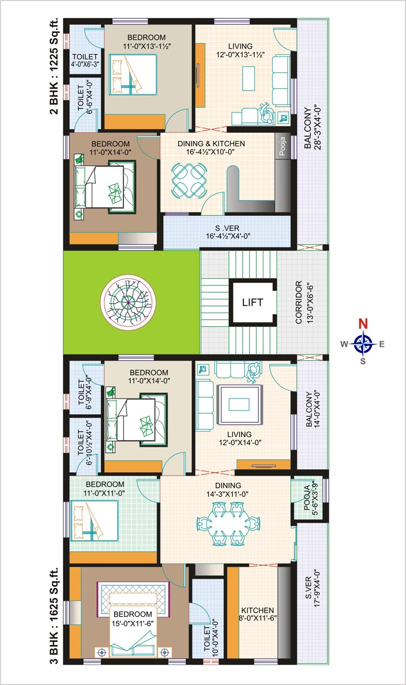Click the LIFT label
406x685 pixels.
point(252,302)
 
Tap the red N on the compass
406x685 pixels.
point(363,323)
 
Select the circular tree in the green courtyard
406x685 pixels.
point(128,302)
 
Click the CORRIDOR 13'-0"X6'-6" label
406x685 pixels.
point(304,302)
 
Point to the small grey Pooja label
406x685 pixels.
point(282,146)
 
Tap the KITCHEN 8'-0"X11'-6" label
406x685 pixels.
point(257,614)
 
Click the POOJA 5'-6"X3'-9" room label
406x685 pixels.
point(311,499)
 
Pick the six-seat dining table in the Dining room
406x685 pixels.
point(228,524)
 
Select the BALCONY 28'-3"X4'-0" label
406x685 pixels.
point(313,128)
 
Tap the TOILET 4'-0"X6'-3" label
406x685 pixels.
point(85,60)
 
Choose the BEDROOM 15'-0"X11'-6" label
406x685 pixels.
point(132,618)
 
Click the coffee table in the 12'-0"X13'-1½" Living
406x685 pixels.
point(249,78)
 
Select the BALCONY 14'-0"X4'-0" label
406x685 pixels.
point(313,409)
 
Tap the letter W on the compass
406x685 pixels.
point(344,345)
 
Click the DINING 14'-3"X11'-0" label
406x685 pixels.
point(227,489)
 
